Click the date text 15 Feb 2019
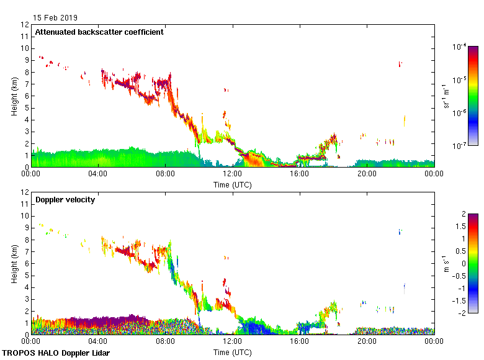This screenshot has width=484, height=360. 56,18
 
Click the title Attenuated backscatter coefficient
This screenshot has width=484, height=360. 99,32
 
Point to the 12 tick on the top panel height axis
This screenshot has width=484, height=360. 25,25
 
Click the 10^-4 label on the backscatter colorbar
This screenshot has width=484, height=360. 459,47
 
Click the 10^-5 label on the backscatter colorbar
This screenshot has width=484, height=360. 459,79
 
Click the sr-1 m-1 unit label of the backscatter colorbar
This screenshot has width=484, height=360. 446,96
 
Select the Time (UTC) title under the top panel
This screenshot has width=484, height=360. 232,184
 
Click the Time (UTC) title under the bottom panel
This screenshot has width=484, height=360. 232,352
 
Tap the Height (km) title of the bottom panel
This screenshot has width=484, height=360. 14,264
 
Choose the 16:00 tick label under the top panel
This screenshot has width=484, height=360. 300,174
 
